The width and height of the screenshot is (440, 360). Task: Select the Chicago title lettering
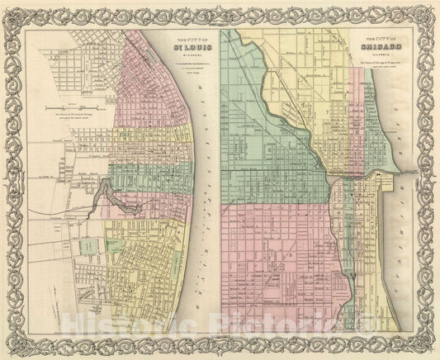(x=383, y=47)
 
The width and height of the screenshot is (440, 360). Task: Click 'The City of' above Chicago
(x=383, y=38)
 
